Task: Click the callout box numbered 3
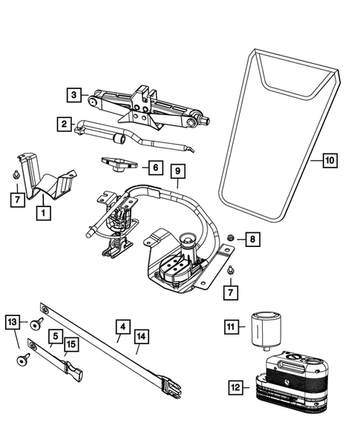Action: point(73,95)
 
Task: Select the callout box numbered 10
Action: point(330,160)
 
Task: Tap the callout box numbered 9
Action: point(178,171)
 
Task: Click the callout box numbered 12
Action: point(235,387)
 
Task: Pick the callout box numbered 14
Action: point(141,337)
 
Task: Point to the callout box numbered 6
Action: point(156,168)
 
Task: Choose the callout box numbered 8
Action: point(252,239)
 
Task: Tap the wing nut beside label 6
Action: point(120,164)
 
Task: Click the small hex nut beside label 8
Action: point(231,238)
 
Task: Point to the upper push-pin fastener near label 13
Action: point(36,323)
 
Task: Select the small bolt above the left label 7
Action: point(16,174)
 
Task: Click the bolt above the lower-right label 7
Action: point(230,269)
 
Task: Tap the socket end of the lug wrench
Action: point(120,138)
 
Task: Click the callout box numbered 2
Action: point(64,124)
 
